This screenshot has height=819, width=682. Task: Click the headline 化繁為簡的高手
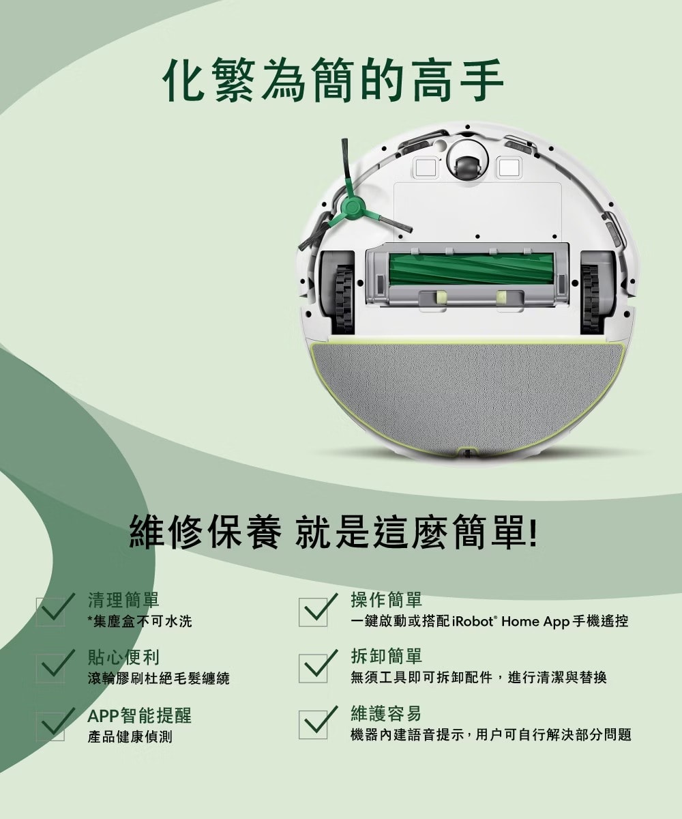[333, 80]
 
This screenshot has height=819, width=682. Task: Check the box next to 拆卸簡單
[313, 668]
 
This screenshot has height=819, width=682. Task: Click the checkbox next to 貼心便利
[50, 668]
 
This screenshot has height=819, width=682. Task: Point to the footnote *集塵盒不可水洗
[140, 621]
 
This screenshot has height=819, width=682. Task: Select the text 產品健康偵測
[130, 736]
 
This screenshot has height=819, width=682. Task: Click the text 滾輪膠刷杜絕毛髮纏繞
[158, 678]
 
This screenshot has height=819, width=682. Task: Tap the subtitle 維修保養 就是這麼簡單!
[333, 532]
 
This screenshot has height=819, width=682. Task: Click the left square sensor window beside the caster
[426, 167]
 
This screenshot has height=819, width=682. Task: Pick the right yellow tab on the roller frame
[501, 298]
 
